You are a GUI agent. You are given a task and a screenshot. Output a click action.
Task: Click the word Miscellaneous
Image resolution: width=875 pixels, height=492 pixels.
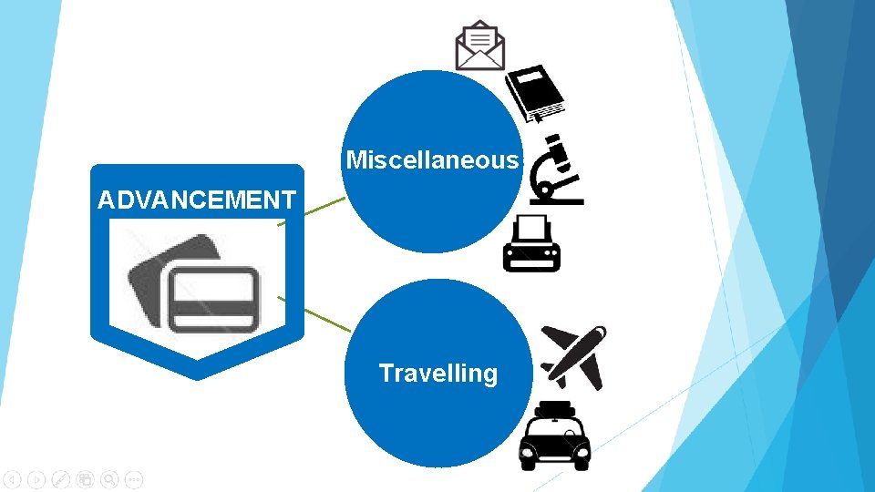432,161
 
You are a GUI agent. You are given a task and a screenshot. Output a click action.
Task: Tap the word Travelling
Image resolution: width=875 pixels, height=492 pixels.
437,374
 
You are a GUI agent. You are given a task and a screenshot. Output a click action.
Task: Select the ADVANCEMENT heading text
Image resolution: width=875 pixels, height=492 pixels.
197,200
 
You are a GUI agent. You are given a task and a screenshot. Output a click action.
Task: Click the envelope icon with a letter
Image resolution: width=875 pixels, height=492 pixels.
480,46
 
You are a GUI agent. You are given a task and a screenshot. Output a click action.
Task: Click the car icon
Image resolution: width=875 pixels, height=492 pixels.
554,443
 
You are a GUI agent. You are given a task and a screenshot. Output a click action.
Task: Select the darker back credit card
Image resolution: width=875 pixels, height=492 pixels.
150,273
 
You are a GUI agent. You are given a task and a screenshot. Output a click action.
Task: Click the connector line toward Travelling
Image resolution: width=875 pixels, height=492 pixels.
314,314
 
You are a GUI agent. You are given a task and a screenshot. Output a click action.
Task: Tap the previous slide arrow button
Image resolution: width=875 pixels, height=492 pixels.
13,478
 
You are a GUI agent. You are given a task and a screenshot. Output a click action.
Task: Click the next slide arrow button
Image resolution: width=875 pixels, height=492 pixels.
36,478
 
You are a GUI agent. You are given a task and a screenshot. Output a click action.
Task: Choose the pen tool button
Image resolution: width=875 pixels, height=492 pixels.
61,478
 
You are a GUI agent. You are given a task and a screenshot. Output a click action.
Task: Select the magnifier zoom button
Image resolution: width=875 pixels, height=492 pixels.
109,478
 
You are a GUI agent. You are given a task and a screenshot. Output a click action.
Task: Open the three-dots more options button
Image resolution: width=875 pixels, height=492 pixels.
133,478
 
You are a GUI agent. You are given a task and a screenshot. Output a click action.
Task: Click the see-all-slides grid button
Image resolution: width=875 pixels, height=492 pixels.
85,478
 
